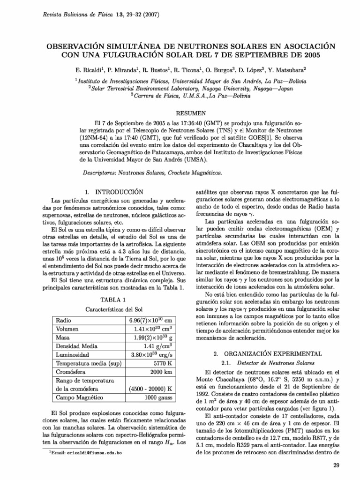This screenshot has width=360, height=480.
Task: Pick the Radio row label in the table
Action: pyautogui.click(x=63, y=320)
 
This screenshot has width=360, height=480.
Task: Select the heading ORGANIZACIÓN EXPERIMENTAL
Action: pyautogui.click(x=267, y=353)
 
